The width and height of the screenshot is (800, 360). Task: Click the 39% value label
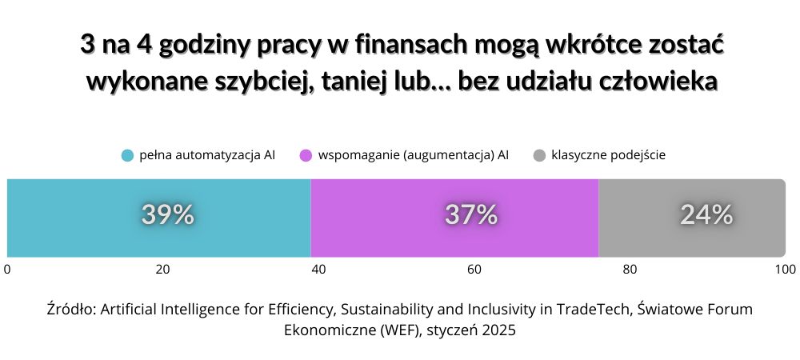tap(168, 214)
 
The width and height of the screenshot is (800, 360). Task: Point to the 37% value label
tap(471, 214)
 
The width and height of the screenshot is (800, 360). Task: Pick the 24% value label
tap(706, 214)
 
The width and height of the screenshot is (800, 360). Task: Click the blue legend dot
tap(127, 155)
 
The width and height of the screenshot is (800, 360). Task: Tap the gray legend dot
tap(539, 155)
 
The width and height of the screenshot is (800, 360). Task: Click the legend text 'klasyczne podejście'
tap(609, 155)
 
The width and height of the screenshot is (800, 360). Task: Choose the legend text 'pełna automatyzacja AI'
tap(206, 155)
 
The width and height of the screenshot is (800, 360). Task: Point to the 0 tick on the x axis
tap(7, 270)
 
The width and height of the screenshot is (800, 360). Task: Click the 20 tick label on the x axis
tap(162, 270)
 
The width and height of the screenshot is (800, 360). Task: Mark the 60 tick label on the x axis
tap(474, 270)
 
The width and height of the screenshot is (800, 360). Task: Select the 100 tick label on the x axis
tap(785, 270)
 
